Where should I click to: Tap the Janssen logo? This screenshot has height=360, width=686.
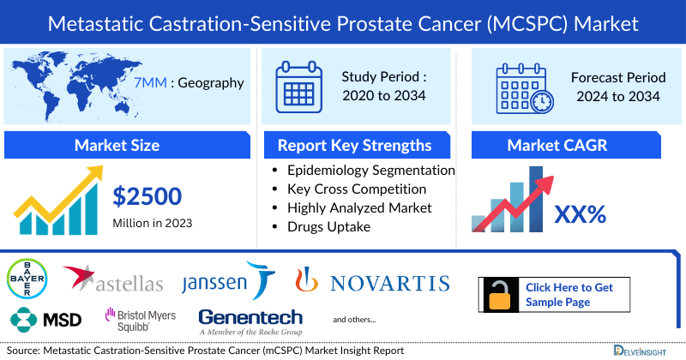[x=227, y=282]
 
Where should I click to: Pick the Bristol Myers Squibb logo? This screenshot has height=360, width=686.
[x=141, y=319]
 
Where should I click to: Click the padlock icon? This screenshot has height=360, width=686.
[x=500, y=294]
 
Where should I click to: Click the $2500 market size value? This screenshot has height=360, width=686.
[x=147, y=196]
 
